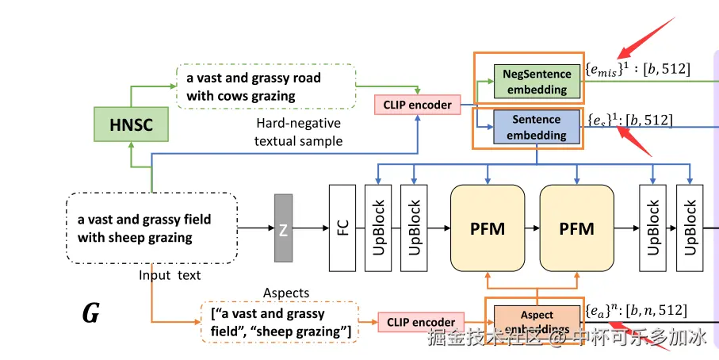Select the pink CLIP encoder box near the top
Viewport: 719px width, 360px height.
[x=417, y=104]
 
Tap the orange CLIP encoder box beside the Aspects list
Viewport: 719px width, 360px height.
[x=422, y=322]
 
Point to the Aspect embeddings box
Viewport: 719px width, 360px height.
[x=537, y=320]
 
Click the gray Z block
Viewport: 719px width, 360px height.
[x=283, y=228]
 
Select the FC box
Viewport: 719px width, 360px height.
[x=342, y=228]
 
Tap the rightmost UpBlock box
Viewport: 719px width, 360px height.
[x=690, y=228]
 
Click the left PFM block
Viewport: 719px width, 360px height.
[x=487, y=228]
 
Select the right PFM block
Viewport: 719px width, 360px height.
[x=576, y=228]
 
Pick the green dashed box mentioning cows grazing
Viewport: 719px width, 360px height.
[x=266, y=86]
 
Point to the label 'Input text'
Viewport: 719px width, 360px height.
[x=170, y=275]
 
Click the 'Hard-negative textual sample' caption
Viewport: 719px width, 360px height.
[x=299, y=132]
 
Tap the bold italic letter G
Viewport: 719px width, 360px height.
[x=91, y=315]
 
